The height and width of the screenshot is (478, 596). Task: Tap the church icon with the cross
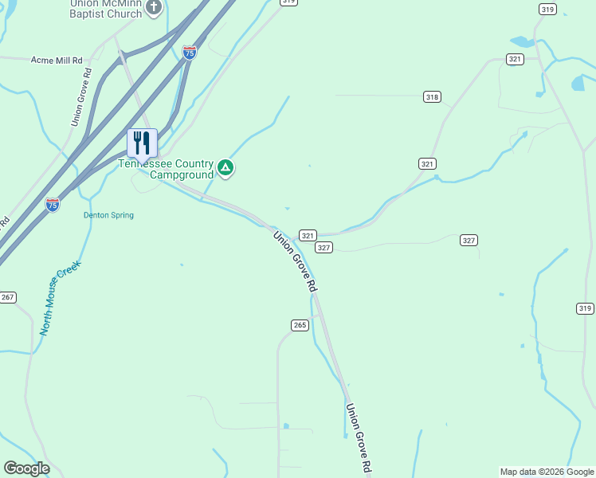coord(154,8)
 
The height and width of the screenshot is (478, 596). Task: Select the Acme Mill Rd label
coord(57,60)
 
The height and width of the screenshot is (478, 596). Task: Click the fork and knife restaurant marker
coord(142,143)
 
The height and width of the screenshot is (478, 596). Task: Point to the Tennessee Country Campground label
coord(166,169)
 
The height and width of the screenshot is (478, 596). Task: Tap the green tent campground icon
coord(226,167)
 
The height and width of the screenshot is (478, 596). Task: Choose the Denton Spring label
coord(108,215)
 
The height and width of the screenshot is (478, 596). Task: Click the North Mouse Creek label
coord(60,296)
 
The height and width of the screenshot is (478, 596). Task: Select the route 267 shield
coord(7,297)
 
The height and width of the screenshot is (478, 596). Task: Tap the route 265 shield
coord(300,325)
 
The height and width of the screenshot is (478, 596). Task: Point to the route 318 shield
coord(432,97)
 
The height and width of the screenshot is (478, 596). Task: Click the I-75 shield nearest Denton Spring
coord(53,205)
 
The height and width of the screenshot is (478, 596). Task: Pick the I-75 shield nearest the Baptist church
coord(190,53)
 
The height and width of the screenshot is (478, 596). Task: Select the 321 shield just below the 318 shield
coord(428,163)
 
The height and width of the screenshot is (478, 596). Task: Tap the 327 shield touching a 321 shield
coord(323,248)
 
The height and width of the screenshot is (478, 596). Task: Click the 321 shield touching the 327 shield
coord(308,236)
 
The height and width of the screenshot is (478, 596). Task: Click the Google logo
coord(26,468)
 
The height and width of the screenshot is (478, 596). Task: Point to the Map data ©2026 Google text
coord(547,472)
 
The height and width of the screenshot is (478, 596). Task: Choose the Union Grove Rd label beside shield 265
coord(295,261)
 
